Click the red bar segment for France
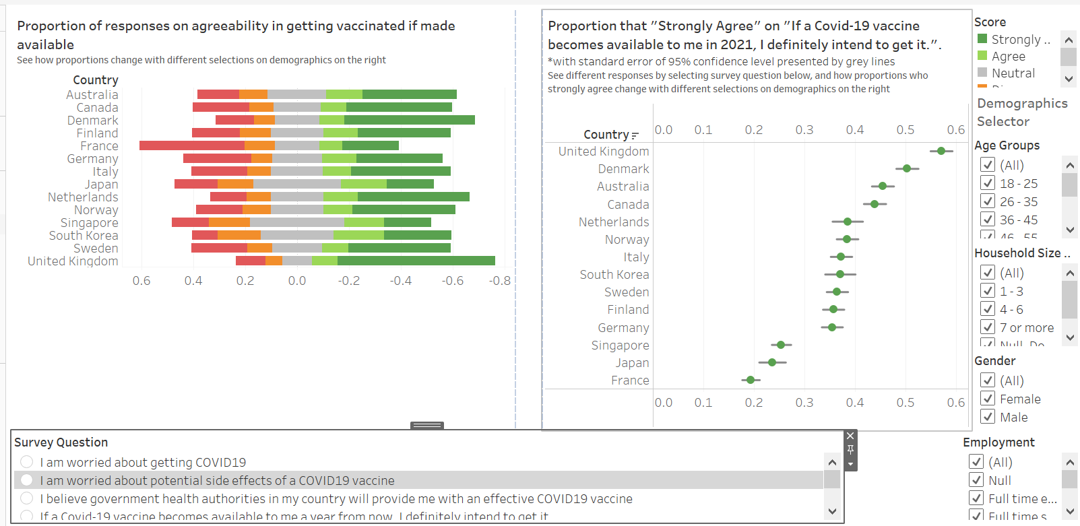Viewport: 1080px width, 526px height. [x=192, y=145]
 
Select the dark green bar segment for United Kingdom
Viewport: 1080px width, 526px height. [x=416, y=261]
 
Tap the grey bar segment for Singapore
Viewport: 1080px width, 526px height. [x=296, y=222]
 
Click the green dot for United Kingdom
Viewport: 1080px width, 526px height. [x=941, y=151]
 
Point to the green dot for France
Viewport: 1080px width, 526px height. [x=751, y=380]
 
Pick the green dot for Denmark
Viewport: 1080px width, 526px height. [x=907, y=168]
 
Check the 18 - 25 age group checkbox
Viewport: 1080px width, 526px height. [x=988, y=183]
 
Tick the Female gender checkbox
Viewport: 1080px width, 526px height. [x=988, y=399]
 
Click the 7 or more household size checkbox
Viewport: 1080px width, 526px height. [x=988, y=327]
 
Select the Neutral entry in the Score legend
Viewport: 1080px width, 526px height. [x=1013, y=73]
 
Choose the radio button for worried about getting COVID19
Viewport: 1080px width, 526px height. [x=26, y=462]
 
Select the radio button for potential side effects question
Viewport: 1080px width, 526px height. [x=26, y=480]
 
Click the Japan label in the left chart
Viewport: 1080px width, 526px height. [x=101, y=185]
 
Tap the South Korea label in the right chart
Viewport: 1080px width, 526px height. [x=614, y=275]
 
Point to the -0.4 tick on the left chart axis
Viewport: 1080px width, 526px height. [x=401, y=281]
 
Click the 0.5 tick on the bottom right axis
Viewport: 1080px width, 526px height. [x=906, y=403]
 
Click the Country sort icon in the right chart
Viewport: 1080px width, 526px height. [x=635, y=135]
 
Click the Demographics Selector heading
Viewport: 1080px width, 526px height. [x=1022, y=112]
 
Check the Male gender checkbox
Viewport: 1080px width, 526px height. [x=988, y=417]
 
